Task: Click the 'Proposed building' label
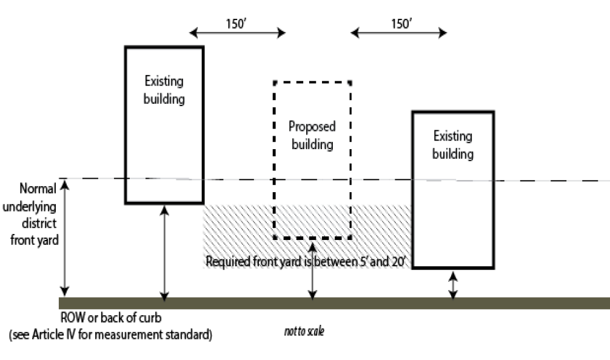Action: pos(312,136)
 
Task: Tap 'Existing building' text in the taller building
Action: pos(164,90)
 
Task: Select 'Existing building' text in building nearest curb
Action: pos(452,145)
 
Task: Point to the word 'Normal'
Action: pos(38,188)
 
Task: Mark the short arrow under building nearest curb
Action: pos(453,285)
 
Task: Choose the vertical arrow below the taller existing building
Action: pos(164,252)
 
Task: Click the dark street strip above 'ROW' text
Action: pos(333,303)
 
